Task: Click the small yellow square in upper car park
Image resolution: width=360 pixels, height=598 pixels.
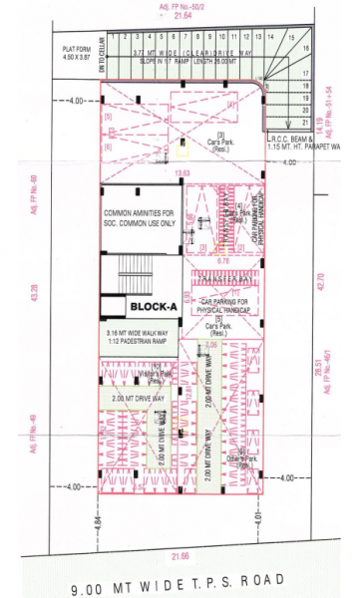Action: point(182,150)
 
